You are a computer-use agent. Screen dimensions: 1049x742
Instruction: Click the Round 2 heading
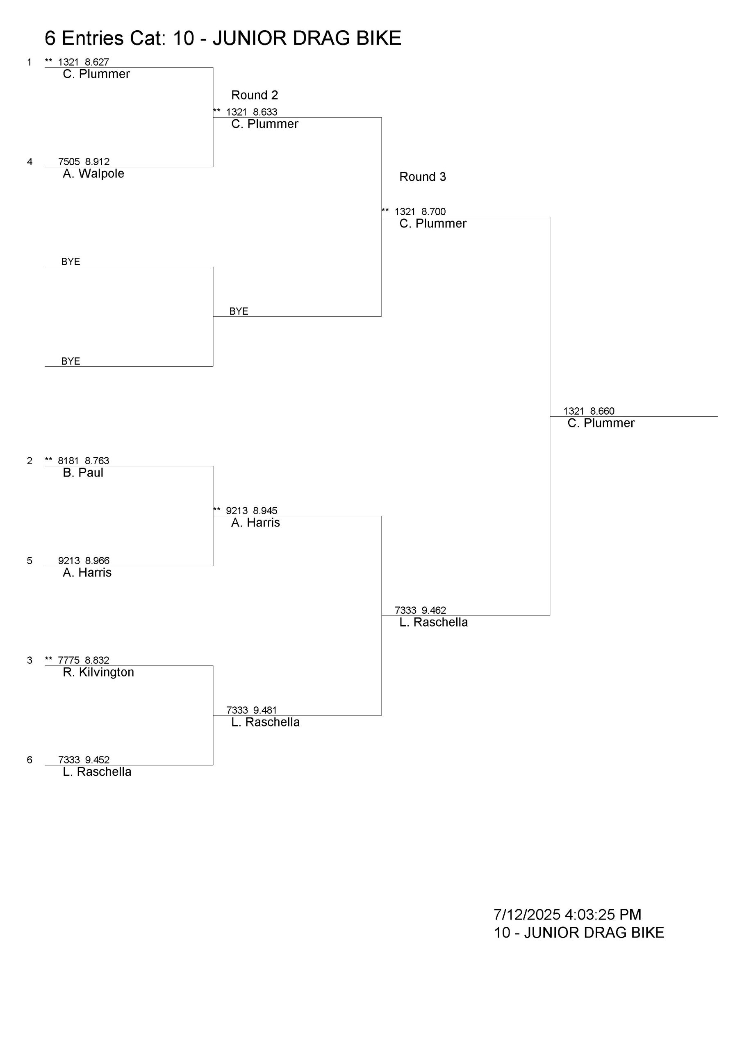coord(254,95)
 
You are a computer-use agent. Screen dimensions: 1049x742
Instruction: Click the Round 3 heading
coord(422,177)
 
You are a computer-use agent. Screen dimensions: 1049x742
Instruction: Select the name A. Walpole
coord(93,174)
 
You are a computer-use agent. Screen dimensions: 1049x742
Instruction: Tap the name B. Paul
coord(83,472)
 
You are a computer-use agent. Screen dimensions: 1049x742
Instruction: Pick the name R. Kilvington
coord(98,672)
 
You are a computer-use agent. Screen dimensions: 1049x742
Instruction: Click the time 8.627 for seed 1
coord(97,62)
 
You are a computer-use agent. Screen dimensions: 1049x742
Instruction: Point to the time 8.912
coord(97,162)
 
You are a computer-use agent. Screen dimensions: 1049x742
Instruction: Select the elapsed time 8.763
coord(97,461)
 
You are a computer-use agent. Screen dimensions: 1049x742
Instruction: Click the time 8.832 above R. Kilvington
coord(97,660)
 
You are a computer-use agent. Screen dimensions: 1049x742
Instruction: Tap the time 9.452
coord(97,760)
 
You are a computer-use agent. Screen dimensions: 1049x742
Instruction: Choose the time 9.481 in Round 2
coord(265,710)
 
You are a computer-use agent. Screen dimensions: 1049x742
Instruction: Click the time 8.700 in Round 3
coord(433,211)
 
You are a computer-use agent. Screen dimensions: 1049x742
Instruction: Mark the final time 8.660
coord(602,411)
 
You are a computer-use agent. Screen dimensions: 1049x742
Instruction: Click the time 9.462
coord(433,611)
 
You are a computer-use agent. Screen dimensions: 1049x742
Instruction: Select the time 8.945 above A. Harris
coord(265,511)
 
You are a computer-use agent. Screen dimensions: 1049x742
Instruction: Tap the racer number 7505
coord(68,162)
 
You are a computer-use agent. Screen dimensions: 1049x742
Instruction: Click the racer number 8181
coord(68,461)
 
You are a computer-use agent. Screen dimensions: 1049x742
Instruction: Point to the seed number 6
coord(30,760)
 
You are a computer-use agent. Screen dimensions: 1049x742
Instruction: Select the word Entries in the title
coord(93,39)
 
